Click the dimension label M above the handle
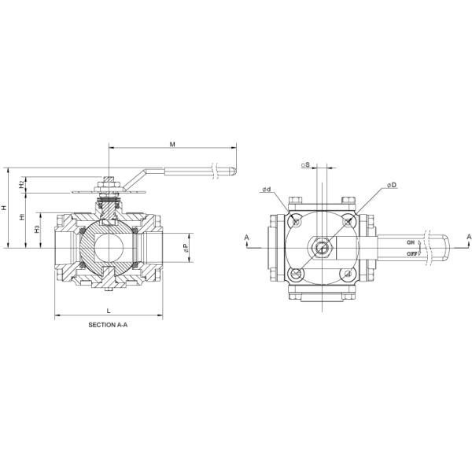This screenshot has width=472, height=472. (171, 144)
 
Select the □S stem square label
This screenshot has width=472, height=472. (306, 165)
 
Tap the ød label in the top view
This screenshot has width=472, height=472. (267, 190)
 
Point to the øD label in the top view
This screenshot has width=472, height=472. (391, 185)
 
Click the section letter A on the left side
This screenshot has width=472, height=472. (246, 237)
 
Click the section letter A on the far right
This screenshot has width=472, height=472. (468, 237)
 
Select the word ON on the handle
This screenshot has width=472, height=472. (411, 245)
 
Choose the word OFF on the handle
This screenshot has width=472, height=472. (411, 254)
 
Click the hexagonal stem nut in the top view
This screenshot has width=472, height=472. (323, 248)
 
